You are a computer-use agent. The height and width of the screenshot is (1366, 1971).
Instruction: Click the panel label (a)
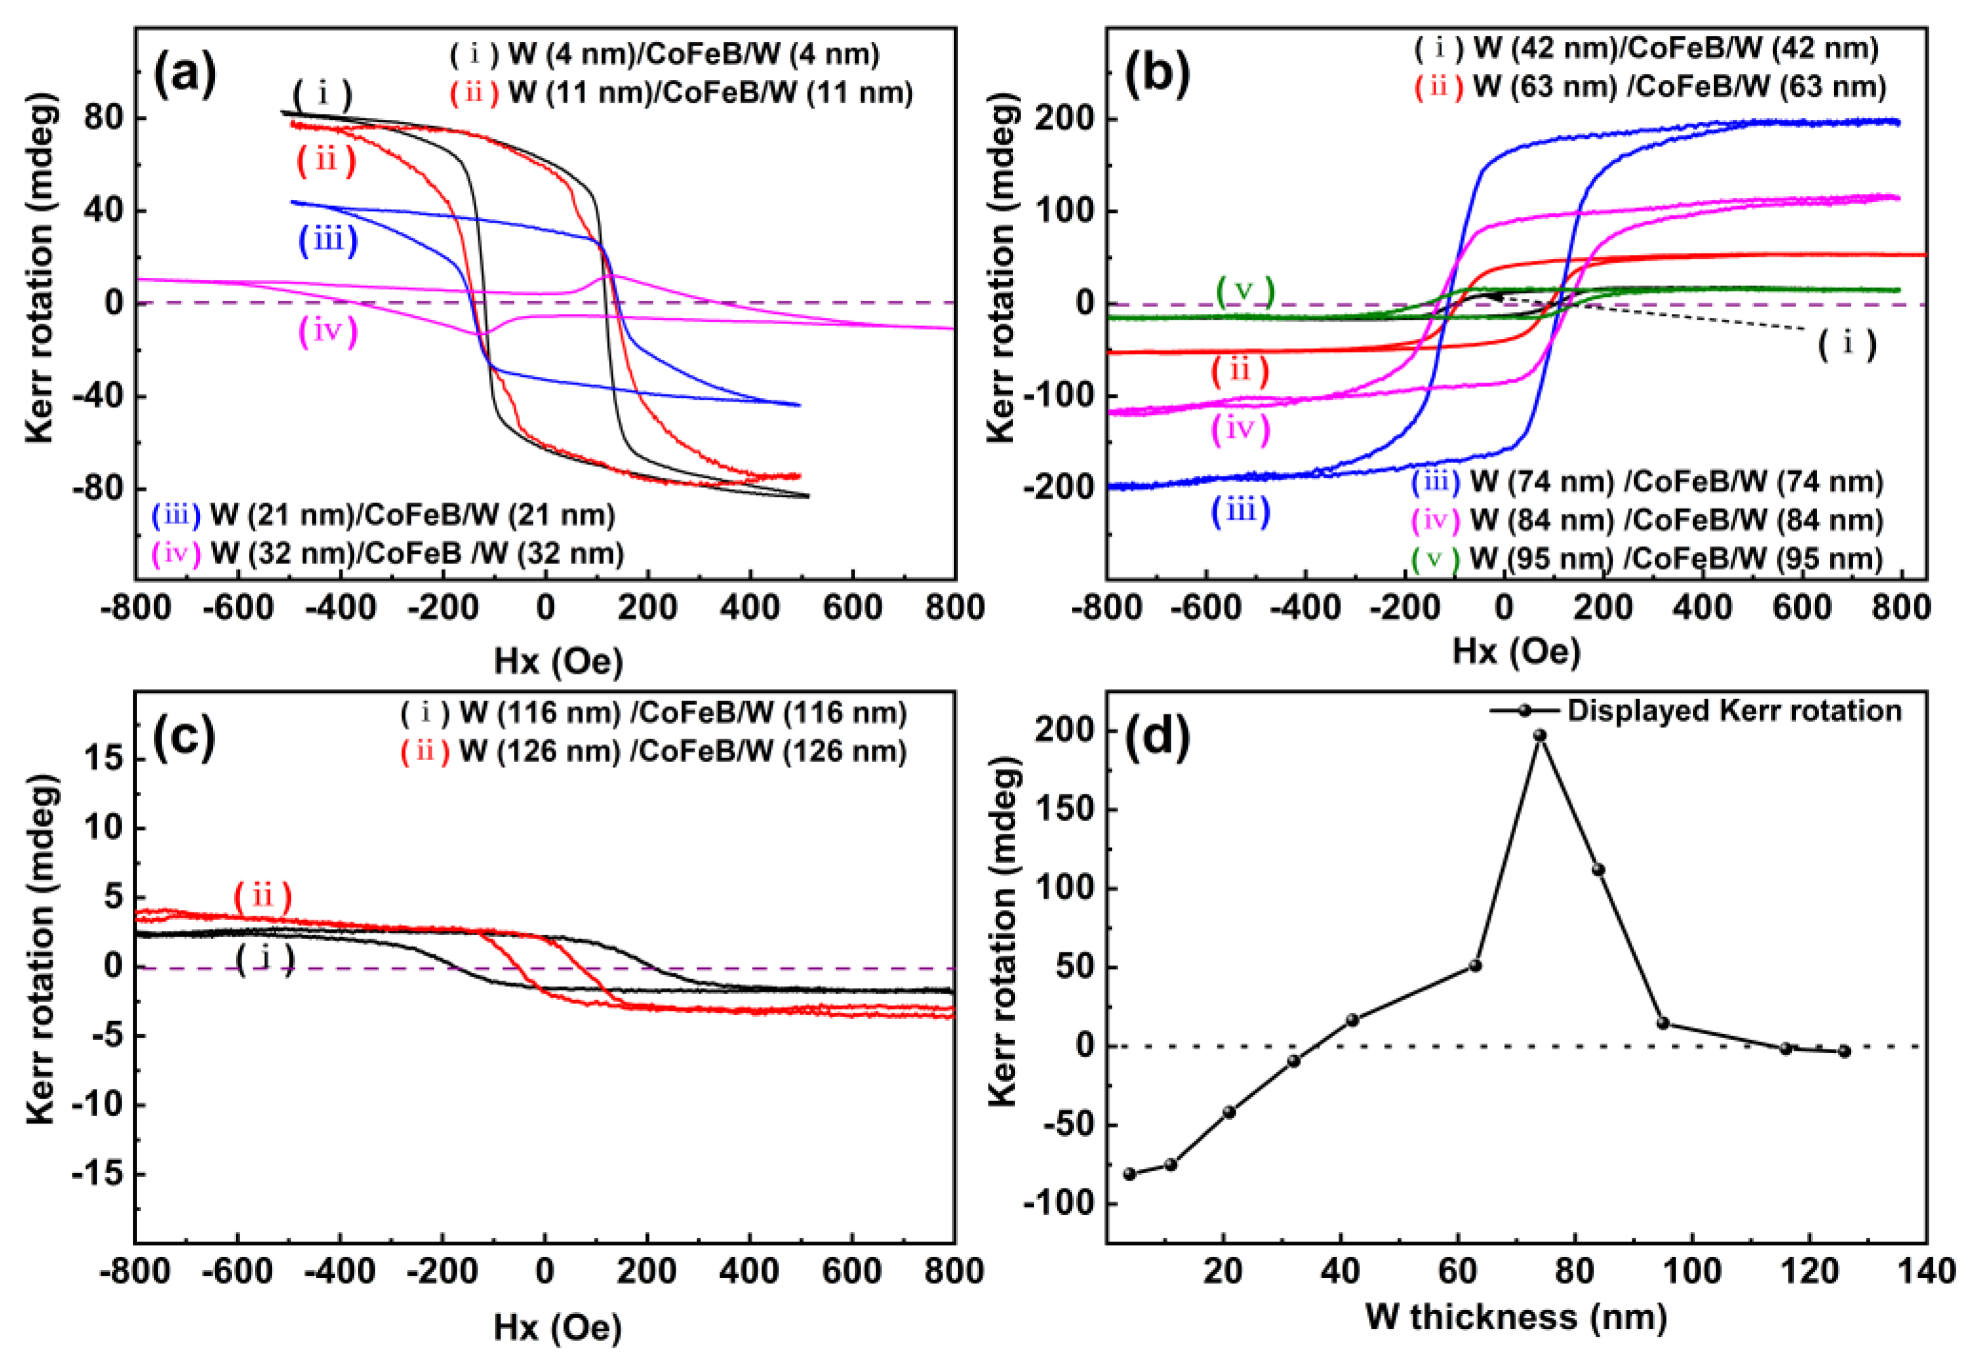pos(184,74)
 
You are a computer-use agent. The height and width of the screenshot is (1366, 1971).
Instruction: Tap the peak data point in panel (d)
pos(1540,735)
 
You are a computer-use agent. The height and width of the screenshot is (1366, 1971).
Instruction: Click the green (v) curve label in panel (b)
pos(1245,292)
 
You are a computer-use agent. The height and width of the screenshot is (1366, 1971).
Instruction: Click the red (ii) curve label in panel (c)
pos(263,896)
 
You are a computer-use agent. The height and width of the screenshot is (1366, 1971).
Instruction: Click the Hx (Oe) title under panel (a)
pos(558,662)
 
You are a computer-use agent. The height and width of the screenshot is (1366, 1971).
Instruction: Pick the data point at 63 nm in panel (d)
pos(1476,966)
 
